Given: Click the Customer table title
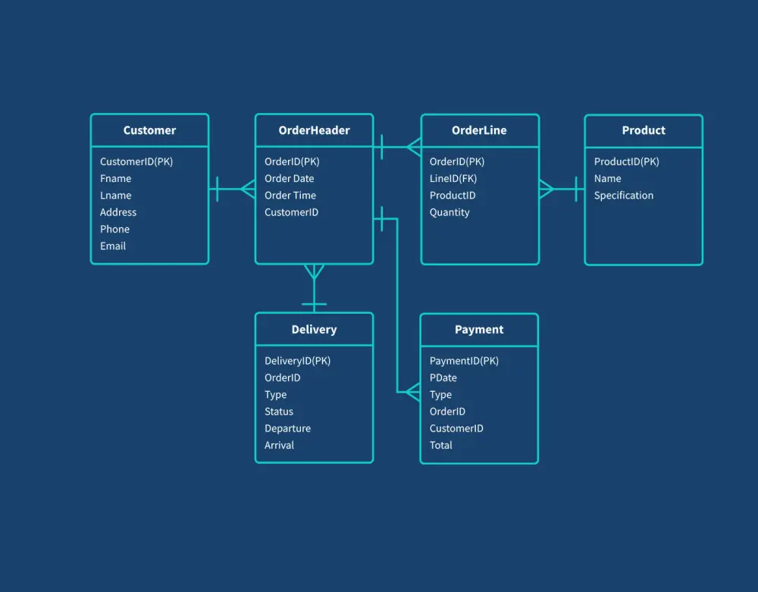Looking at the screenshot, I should coord(149,130).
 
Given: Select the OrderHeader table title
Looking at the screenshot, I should coord(314,130).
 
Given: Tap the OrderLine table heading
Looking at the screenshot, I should coord(479,130).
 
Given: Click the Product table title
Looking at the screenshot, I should coord(644,130).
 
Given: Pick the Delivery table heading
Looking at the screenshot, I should coord(314,330).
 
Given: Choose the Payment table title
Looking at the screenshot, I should coord(479,330).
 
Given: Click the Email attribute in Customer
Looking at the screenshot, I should coord(113,246).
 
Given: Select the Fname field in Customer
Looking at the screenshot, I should coord(115,178).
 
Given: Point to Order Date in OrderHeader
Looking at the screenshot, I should coord(289,178).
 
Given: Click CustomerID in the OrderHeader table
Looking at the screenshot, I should coord(291,212).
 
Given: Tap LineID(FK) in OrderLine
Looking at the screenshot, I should coord(453,178).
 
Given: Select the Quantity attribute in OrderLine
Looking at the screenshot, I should coord(449,212).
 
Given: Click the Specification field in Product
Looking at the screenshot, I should coord(623,196).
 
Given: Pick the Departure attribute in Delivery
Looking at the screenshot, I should coord(287,428).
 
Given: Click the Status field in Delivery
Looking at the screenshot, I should coord(278,412).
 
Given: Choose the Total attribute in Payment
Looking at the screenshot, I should coord(440,445).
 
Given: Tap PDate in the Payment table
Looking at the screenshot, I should coord(443,377).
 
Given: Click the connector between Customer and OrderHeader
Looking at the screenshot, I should coord(232,189).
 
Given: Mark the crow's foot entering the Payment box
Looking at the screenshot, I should coord(412,392).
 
